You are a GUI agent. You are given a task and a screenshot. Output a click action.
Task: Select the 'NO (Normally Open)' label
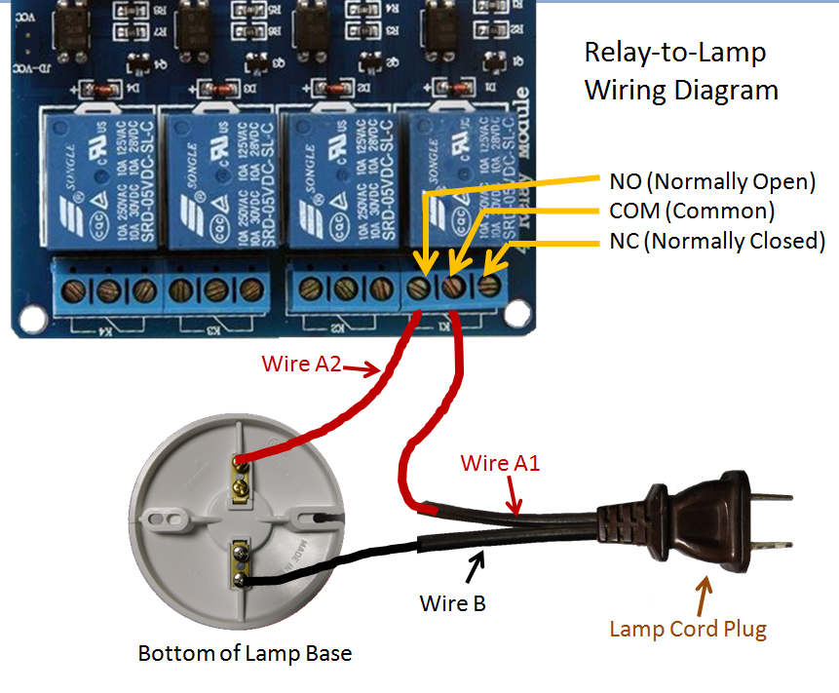(x=711, y=181)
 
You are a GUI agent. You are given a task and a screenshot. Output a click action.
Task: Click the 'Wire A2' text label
(x=301, y=364)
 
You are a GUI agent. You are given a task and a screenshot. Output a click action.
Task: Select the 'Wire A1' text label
(x=500, y=463)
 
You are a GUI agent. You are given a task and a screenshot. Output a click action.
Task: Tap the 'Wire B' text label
(x=452, y=603)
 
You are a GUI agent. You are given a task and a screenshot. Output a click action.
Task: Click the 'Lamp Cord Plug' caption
(x=688, y=629)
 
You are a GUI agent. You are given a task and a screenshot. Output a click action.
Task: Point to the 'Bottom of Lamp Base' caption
(x=245, y=653)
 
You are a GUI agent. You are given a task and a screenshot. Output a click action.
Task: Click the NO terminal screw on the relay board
(x=420, y=289)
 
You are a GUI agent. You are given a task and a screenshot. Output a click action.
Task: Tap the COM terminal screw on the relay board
(x=453, y=289)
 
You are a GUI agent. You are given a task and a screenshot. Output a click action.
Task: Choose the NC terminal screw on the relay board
(x=487, y=286)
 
